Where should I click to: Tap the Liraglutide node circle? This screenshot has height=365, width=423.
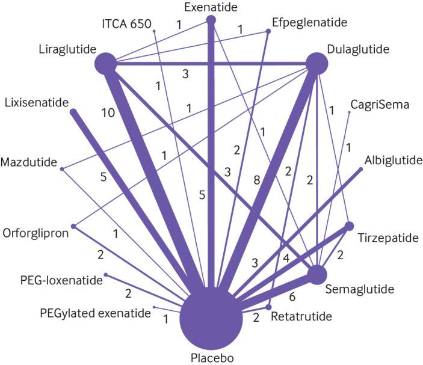coord(106,63)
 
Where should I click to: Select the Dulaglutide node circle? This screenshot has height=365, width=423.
coord(317,63)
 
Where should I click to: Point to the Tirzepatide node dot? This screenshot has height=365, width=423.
coord(349,226)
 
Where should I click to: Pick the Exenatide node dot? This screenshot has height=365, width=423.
coord(211,20)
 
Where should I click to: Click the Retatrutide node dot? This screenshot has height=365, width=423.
coord(268,307)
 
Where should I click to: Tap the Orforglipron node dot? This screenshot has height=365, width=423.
coord(73,226)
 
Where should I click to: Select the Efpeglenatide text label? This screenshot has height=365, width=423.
coord(309,22)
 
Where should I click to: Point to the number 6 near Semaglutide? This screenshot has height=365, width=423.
coord(292,296)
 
